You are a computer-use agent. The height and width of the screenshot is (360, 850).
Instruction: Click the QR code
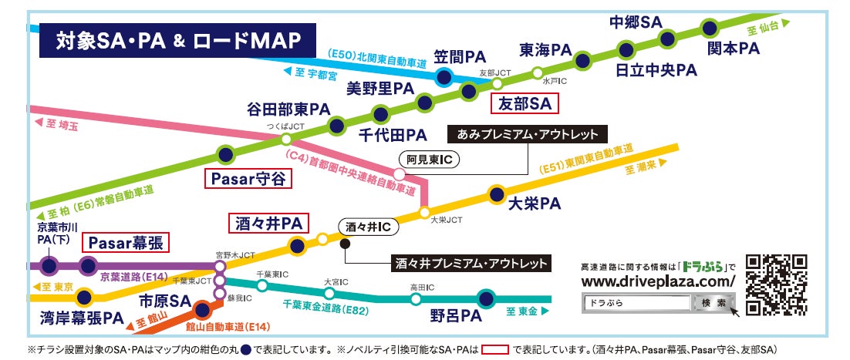pyautogui.click(x=775, y=285)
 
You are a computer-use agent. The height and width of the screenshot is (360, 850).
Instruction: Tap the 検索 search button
pyautogui.click(x=710, y=303)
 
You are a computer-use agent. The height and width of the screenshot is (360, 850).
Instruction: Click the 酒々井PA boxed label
pyautogui.click(x=269, y=224)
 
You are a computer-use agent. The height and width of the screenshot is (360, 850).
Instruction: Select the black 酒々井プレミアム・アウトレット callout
pyautogui.click(x=472, y=263)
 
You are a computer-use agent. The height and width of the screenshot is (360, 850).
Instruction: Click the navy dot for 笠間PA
pyautogui.click(x=444, y=76)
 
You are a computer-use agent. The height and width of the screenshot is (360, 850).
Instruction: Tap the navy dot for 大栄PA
pyautogui.click(x=498, y=193)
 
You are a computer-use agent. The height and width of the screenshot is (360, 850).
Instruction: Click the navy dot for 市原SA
pyautogui.click(x=202, y=311)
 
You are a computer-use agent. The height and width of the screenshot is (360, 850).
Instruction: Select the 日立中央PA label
pyautogui.click(x=656, y=70)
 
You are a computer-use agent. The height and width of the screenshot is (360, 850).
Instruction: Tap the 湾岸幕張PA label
pyautogui.click(x=81, y=318)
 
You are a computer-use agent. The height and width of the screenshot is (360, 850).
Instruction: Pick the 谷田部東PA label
pyautogui.click(x=288, y=108)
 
